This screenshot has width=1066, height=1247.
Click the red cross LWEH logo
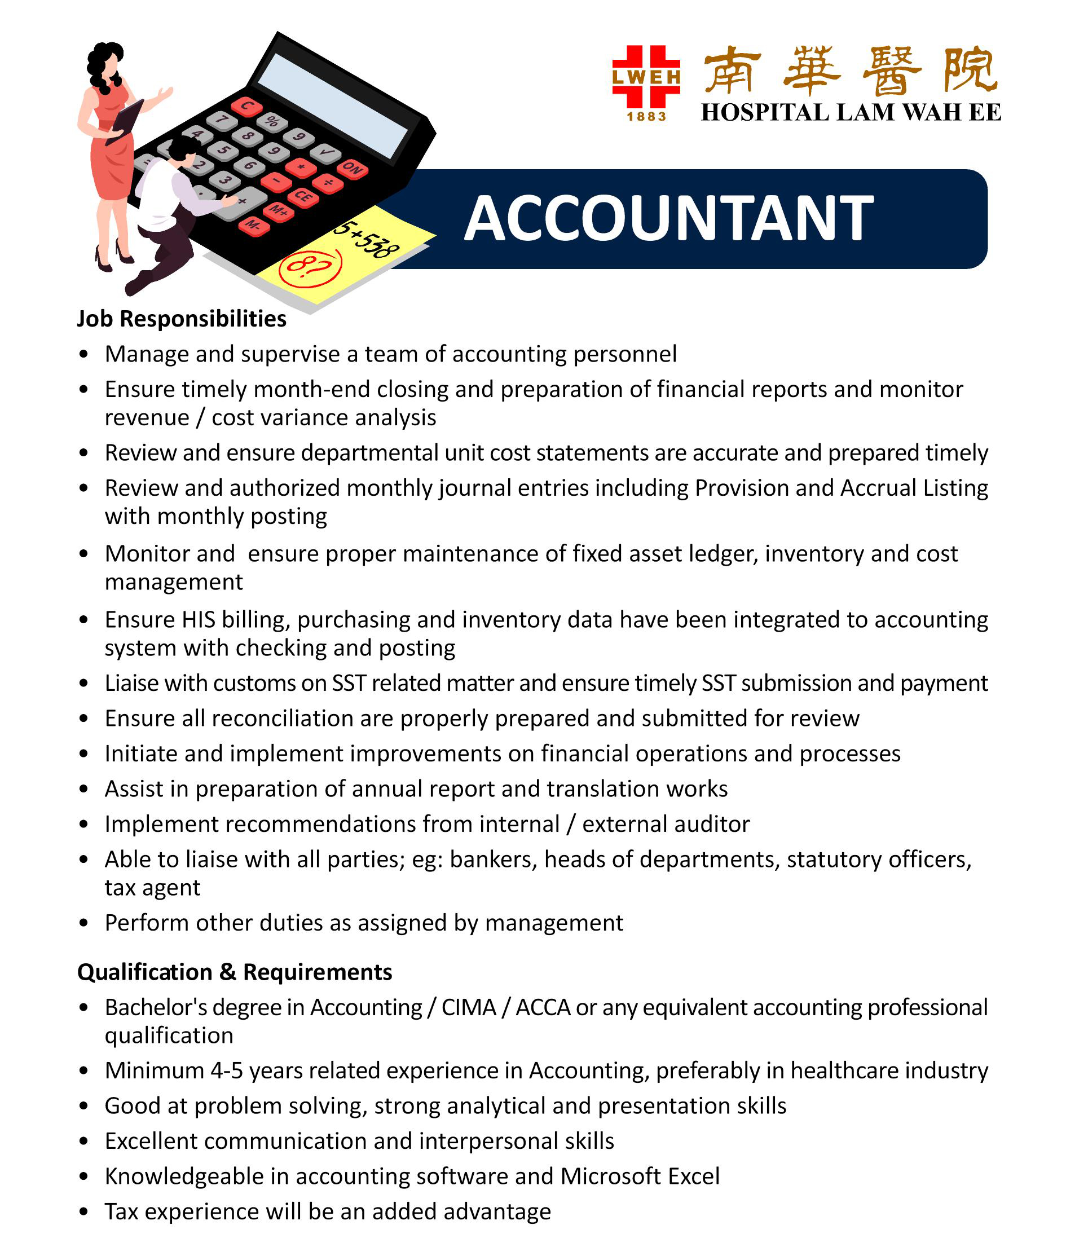coord(646,77)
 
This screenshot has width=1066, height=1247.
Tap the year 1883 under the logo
coord(646,116)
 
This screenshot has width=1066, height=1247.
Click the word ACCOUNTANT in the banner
coord(668,219)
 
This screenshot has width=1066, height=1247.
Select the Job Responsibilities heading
coord(181,318)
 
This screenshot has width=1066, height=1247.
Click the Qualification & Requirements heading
coord(234,972)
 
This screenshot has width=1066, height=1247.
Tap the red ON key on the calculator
coord(353,169)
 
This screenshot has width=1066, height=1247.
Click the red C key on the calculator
coord(247,107)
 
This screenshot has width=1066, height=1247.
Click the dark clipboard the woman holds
coord(126,120)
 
